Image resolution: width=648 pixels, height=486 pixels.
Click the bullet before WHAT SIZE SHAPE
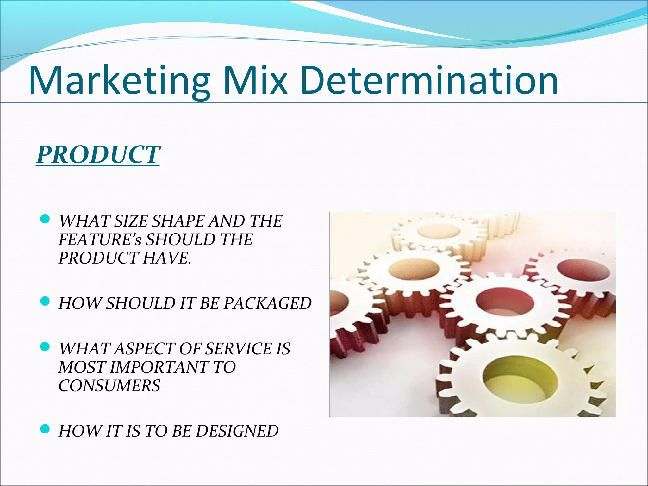pos(46,219)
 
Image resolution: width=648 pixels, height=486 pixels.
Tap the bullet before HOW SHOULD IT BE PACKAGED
pos(46,301)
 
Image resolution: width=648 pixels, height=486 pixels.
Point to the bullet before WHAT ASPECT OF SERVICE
pos(46,347)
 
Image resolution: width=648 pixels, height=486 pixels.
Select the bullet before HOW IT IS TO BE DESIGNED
pos(46,429)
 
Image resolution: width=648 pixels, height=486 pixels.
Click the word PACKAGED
pos(268,303)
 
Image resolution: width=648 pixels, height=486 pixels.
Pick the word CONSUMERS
pos(109,386)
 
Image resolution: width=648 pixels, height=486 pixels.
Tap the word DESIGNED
pos(237,431)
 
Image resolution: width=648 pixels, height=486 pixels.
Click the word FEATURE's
pos(100,240)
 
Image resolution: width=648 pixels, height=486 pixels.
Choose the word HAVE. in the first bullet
pos(167,258)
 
